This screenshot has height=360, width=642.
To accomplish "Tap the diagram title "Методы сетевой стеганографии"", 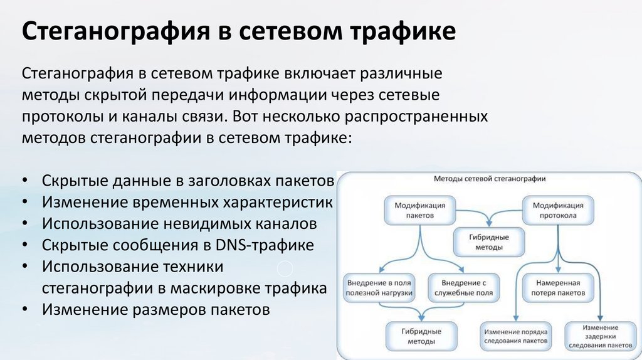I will tap(490, 179).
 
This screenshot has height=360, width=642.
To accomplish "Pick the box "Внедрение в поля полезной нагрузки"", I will tap(379, 288).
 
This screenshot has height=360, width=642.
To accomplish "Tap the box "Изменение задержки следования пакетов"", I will tap(599, 337).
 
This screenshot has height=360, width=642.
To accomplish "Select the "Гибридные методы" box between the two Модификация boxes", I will tap(489, 242).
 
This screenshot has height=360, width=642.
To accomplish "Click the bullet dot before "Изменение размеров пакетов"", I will tap(23, 310).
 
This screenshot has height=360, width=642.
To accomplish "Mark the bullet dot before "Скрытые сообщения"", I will tap(23, 245).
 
